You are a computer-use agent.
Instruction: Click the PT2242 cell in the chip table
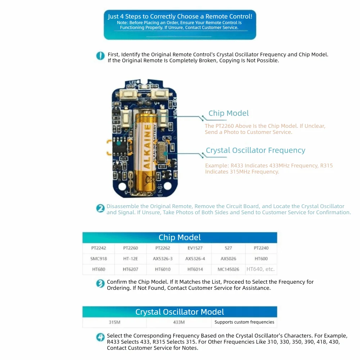click(99, 248)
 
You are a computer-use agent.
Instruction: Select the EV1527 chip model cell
click(195, 248)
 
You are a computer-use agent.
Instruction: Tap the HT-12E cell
click(130, 258)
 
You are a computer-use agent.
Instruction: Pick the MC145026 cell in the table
click(228, 269)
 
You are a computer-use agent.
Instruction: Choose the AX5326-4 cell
click(195, 258)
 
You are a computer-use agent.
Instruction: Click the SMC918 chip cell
click(99, 258)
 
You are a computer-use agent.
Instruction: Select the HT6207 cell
click(130, 269)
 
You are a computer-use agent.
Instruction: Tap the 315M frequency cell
click(114, 322)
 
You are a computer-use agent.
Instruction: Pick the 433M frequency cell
click(179, 322)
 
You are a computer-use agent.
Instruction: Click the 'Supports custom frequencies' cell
click(244, 322)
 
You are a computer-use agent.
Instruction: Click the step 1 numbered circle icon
click(100, 56)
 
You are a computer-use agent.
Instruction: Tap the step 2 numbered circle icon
click(100, 208)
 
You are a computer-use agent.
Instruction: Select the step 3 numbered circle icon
click(100, 284)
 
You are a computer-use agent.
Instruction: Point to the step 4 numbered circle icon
click(100, 337)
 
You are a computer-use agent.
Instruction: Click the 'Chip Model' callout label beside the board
click(229, 113)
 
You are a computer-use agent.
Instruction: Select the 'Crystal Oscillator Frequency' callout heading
click(255, 150)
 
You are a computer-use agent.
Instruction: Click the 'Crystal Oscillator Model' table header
click(180, 312)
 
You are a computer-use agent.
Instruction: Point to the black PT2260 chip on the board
click(120, 146)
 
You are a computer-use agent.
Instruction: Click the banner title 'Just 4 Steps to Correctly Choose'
click(180, 17)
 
